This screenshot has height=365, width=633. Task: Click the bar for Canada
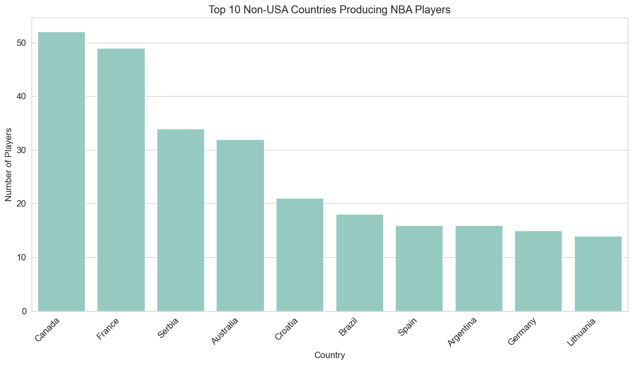tap(61, 171)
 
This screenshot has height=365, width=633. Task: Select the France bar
tap(121, 180)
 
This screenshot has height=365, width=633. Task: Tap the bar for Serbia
tap(181, 220)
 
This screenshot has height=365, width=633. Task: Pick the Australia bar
tap(240, 225)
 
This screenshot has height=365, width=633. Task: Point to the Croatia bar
tap(300, 255)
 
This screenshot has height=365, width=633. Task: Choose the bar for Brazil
tap(360, 263)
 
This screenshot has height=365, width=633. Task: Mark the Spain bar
tap(419, 268)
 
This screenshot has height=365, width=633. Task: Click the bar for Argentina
tap(479, 268)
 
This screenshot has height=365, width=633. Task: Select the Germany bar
tap(538, 271)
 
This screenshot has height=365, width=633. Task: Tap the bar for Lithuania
tap(598, 273)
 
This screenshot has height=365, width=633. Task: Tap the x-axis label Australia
tap(225, 331)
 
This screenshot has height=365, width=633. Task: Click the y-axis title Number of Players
tap(9, 164)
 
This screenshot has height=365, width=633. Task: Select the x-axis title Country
tap(329, 355)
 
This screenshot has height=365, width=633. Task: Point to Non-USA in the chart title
tap(282, 9)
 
